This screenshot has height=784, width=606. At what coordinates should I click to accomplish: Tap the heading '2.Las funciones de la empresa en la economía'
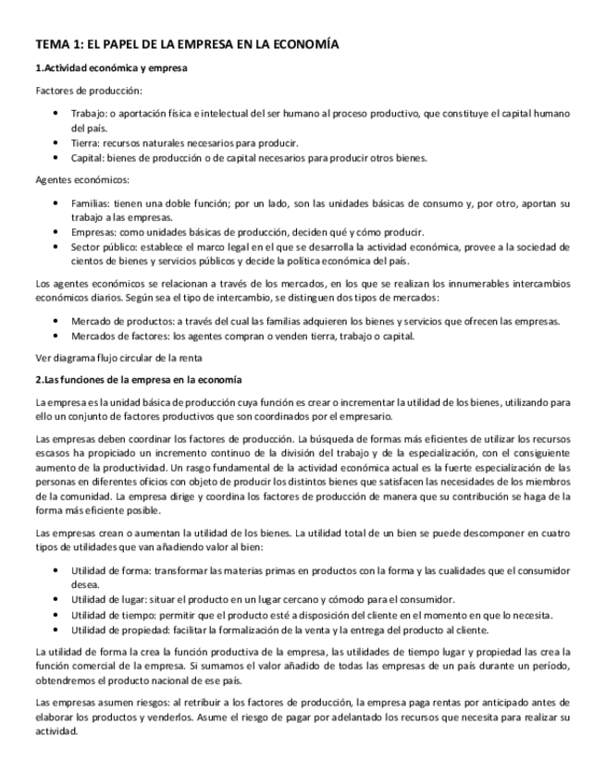pos(138,379)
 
